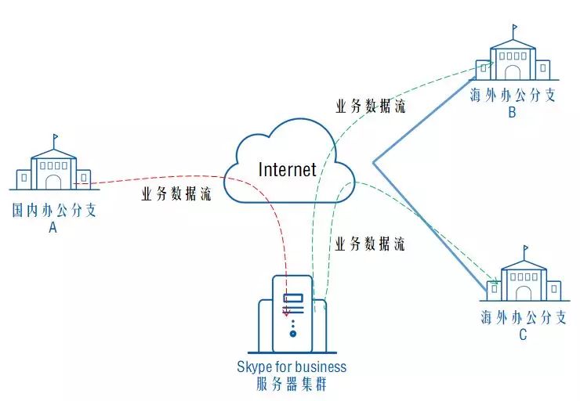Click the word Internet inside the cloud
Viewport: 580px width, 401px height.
tap(288, 169)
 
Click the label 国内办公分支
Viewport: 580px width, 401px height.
tap(53, 211)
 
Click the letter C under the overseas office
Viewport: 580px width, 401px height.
tap(523, 335)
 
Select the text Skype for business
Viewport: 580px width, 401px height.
tap(292, 367)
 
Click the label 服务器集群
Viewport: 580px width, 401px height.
tap(292, 384)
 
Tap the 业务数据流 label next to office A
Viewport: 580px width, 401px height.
tap(176, 195)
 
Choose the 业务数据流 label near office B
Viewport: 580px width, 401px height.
tap(371, 108)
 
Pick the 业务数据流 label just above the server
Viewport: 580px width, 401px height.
tap(370, 244)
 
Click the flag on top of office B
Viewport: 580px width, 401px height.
tap(516, 29)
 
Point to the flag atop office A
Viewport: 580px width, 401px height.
tap(56, 139)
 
